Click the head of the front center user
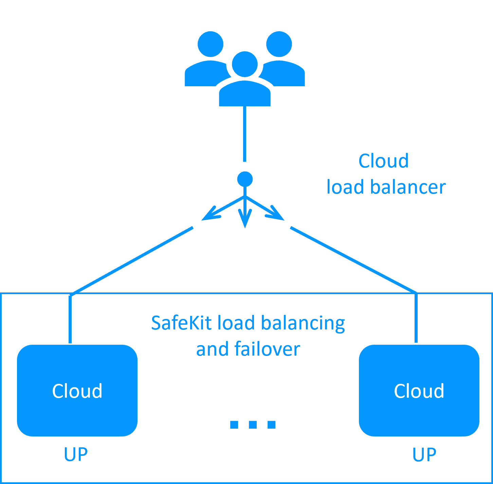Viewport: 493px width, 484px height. (244, 64)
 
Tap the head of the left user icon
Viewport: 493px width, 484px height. (211, 44)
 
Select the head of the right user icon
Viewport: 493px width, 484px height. (279, 44)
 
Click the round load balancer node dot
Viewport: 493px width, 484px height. (245, 179)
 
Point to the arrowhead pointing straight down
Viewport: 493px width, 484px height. (245, 219)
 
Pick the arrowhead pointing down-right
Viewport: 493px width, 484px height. (276, 214)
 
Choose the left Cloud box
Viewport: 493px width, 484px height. (77, 391)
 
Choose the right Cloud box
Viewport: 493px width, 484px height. (419, 391)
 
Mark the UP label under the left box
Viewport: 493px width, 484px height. (76, 454)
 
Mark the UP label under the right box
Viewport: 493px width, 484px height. (424, 454)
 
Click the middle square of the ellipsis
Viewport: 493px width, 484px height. (253, 425)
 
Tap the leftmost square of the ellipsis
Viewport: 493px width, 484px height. (234, 425)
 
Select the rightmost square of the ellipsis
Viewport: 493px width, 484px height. (271, 425)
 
